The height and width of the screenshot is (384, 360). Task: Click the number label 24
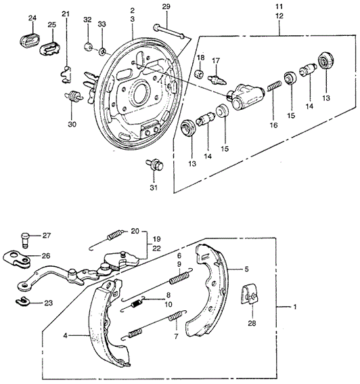click(x=32, y=17)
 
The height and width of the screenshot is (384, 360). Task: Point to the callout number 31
click(x=153, y=188)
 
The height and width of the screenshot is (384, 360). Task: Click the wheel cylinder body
click(x=241, y=96)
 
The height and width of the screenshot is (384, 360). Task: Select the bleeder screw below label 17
click(x=217, y=79)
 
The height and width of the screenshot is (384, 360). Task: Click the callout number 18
click(x=200, y=58)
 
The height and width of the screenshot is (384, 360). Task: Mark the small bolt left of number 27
click(x=25, y=237)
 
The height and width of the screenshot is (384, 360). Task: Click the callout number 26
click(x=46, y=256)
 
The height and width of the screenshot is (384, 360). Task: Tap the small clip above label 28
click(x=250, y=292)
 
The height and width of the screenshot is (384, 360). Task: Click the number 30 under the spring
click(x=72, y=124)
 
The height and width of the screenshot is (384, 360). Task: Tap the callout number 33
click(x=102, y=24)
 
